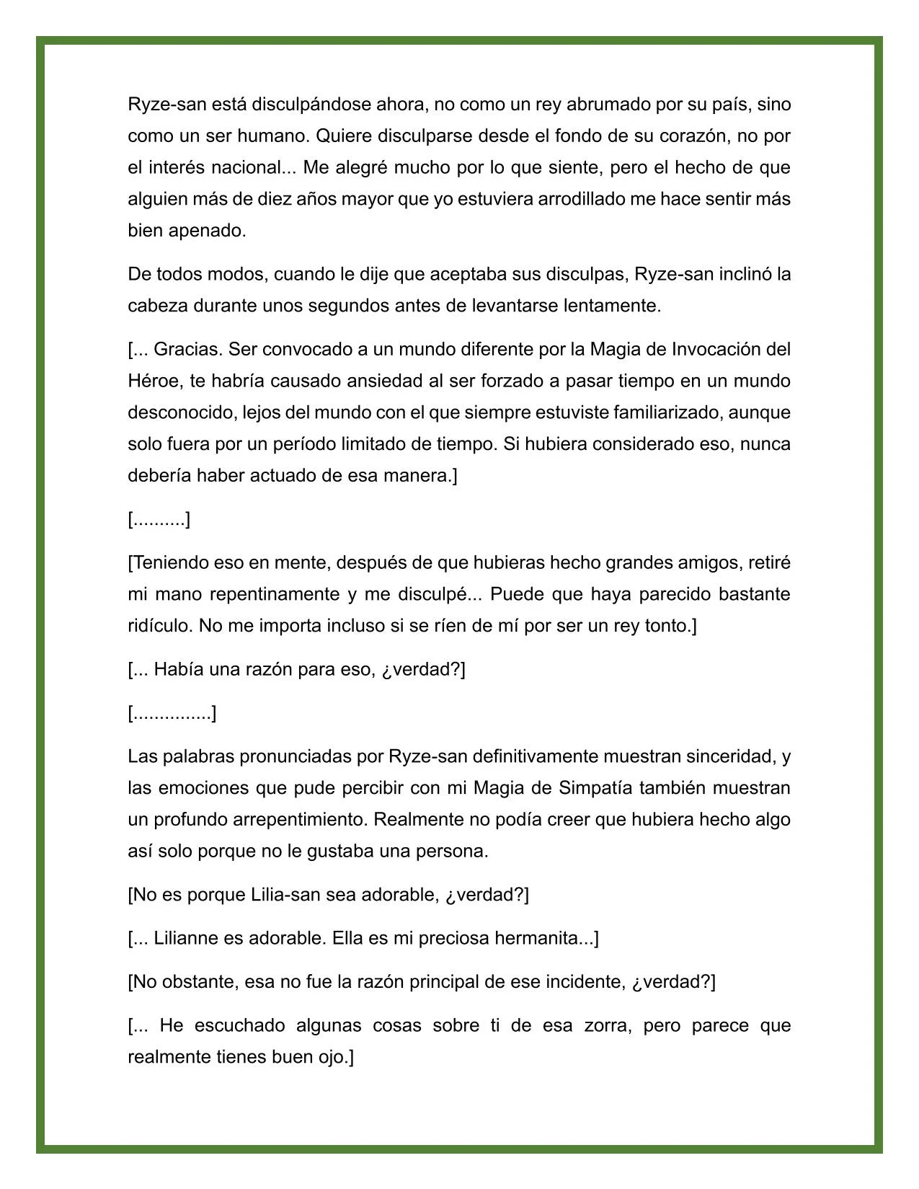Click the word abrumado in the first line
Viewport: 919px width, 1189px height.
(608, 105)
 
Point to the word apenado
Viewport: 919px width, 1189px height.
(207, 231)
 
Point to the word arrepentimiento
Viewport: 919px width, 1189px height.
(299, 820)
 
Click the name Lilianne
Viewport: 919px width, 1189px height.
(187, 939)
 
